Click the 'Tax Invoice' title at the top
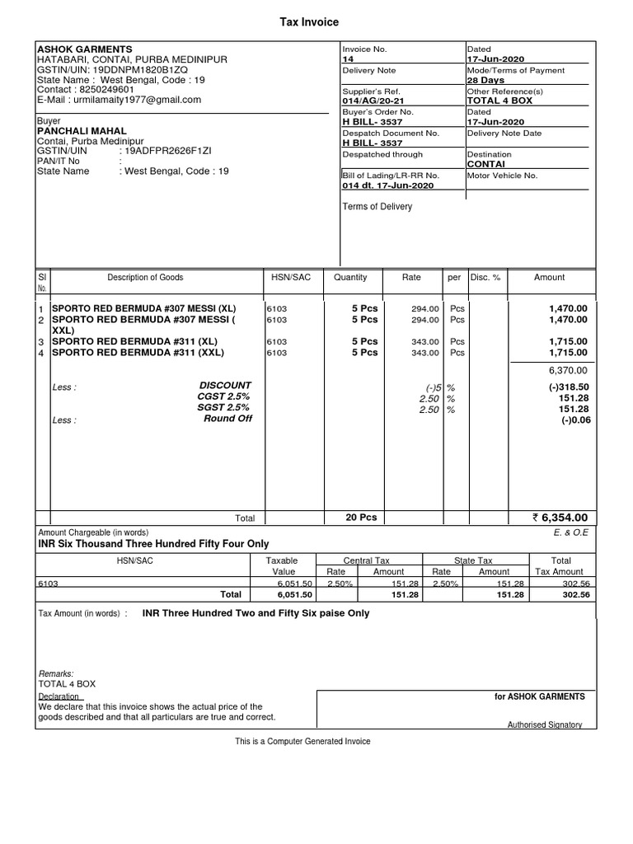pyautogui.click(x=310, y=22)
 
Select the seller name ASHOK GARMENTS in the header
pyautogui.click(x=85, y=49)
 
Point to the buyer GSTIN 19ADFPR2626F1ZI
pyautogui.click(x=166, y=152)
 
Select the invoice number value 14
pyautogui.click(x=347, y=59)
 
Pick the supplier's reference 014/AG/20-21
pyautogui.click(x=373, y=101)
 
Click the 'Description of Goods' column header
pyautogui.click(x=145, y=278)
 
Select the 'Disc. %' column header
pyautogui.click(x=485, y=278)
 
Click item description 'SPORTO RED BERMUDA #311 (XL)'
pyautogui.click(x=134, y=341)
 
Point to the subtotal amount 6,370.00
pyautogui.click(x=568, y=371)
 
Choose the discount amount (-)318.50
pyautogui.click(x=568, y=386)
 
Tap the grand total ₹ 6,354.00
pyautogui.click(x=560, y=518)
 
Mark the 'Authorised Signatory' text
pyautogui.click(x=544, y=724)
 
